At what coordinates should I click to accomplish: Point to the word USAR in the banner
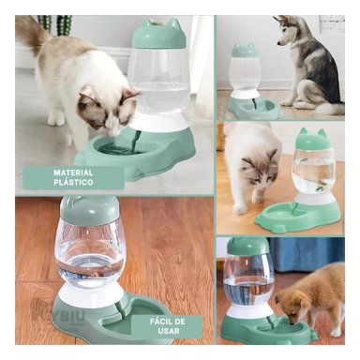(x=176, y=332)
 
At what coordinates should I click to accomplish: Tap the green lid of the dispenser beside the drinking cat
(x=158, y=36)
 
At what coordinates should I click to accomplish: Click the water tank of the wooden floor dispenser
(x=89, y=252)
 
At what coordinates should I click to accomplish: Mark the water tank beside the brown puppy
(x=248, y=281)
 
